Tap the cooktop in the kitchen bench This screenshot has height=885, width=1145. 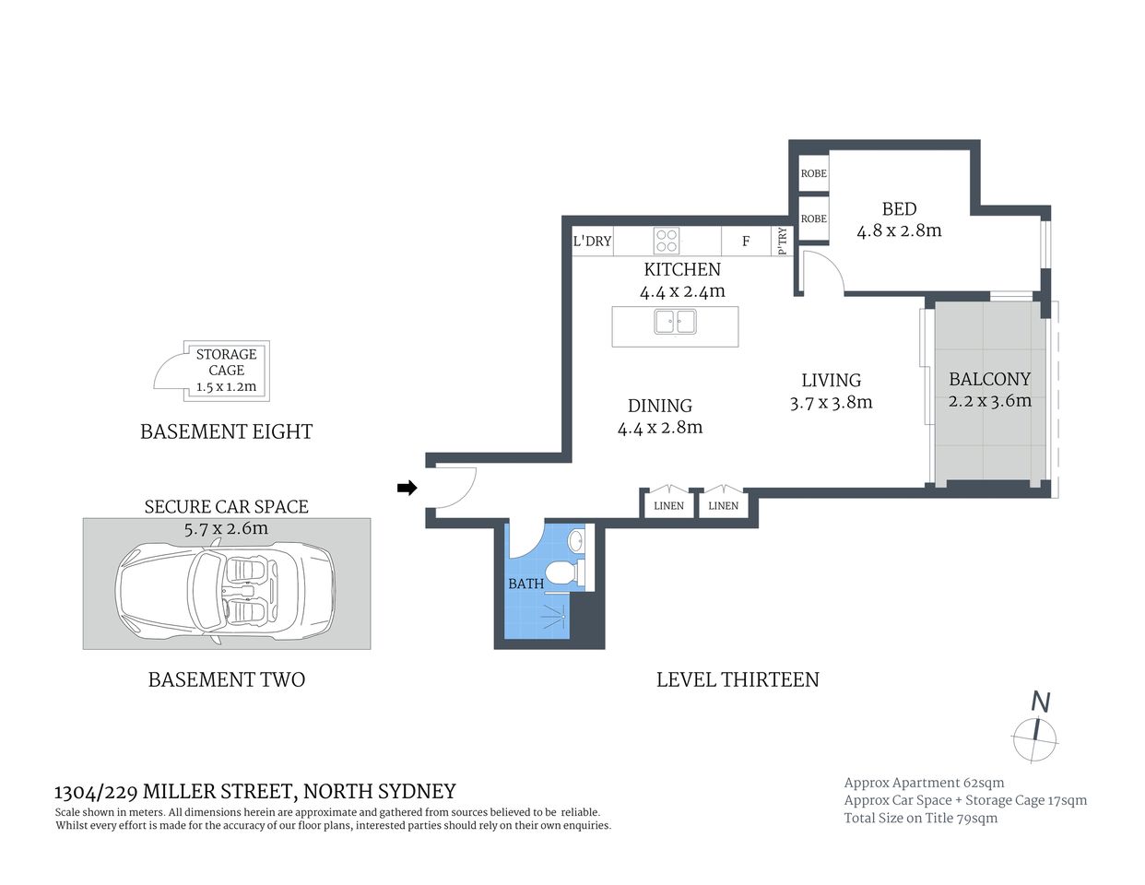click(666, 241)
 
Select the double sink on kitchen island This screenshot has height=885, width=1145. click(675, 322)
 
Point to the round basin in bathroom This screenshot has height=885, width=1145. click(576, 540)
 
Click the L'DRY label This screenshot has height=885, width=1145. click(592, 242)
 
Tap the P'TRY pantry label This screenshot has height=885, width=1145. click(783, 242)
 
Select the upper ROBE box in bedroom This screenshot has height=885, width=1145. click(813, 173)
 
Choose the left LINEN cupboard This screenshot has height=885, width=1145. click(668, 505)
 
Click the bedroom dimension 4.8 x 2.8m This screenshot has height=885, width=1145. click(899, 230)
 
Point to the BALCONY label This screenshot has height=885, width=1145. click(989, 379)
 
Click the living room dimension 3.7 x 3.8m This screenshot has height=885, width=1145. click(831, 403)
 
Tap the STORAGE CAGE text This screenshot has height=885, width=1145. click(226, 361)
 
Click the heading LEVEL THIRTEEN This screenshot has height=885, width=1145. click(738, 679)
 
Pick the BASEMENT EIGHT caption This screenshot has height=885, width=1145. click(226, 431)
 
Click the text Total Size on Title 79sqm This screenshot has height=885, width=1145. click(920, 818)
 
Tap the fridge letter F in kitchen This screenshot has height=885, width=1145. click(746, 242)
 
